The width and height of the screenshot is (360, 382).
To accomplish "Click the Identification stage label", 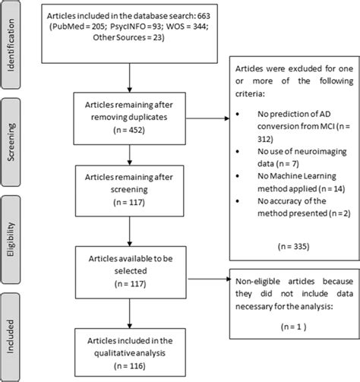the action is pos(11,45).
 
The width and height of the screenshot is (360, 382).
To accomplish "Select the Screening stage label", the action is pos(11,142).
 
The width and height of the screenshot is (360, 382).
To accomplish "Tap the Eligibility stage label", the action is pos(11,239).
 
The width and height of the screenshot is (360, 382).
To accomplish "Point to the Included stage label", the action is pos(11,336).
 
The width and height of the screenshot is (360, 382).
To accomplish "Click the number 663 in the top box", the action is pos(204,16).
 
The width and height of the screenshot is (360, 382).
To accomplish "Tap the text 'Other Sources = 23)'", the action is pos(128,37).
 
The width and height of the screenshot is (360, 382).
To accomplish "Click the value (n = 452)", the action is pos(129,130).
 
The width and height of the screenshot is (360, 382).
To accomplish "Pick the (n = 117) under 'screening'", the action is pos(129,203).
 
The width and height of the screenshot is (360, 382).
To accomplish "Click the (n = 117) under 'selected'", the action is pos(130,284).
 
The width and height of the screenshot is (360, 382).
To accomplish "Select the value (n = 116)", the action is pos(130,366).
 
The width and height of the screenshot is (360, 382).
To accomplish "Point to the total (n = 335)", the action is pos(294,246).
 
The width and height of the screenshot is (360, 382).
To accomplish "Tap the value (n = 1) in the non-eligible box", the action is pos(294,327).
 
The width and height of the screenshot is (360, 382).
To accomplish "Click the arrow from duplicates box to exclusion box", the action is pos(207,118).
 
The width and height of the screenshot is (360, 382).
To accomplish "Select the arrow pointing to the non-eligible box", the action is pos(210,279).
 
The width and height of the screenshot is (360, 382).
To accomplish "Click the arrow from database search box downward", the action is pos(130,77).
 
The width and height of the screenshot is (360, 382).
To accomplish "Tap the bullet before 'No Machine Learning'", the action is pos(238,176).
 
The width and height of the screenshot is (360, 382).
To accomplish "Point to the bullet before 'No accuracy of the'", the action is pos(238,201).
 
